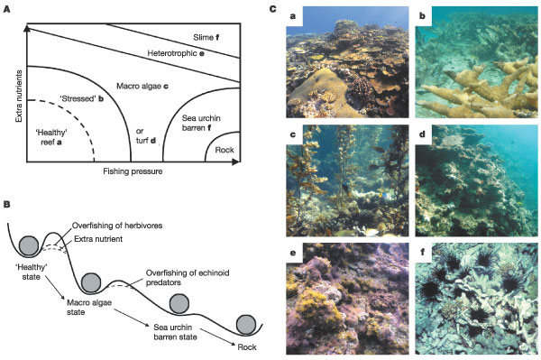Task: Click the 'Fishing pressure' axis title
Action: click(x=133, y=171)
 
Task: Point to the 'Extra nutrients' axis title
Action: click(x=19, y=96)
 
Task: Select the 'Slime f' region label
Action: click(x=206, y=37)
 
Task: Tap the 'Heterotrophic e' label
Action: click(x=176, y=53)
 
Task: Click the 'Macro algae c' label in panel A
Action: click(x=142, y=86)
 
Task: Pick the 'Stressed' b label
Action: click(x=82, y=98)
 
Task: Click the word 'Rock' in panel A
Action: click(x=225, y=150)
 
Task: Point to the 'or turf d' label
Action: click(x=146, y=136)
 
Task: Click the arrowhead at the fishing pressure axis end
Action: click(x=235, y=162)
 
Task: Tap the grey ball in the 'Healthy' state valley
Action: click(x=29, y=246)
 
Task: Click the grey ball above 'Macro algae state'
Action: click(x=91, y=282)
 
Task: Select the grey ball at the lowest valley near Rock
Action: click(x=246, y=325)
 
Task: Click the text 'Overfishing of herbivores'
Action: click(x=117, y=226)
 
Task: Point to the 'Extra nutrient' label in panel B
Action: click(x=98, y=239)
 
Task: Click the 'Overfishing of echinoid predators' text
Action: click(x=188, y=278)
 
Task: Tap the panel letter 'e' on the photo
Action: click(x=293, y=254)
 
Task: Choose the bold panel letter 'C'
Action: click(x=273, y=9)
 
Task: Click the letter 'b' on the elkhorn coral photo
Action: click(x=423, y=16)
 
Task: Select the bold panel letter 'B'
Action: click(x=6, y=204)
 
